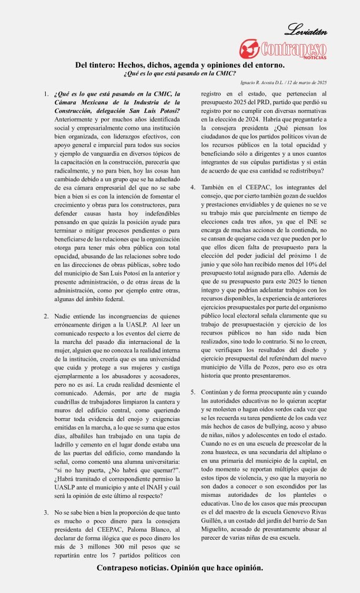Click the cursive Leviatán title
click(x=306, y=29)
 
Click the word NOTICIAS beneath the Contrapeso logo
click(x=314, y=57)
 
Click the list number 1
click(x=46, y=94)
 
